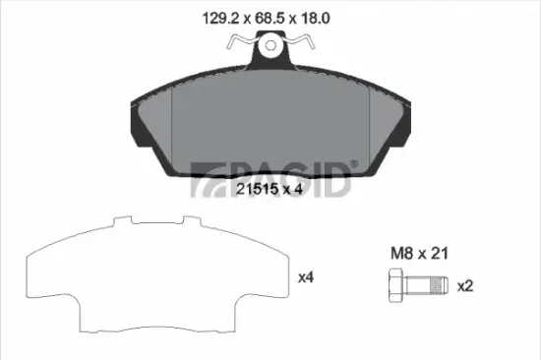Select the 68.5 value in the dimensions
coord(259,17)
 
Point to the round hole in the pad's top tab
coord(270,45)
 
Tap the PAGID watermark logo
coord(270,178)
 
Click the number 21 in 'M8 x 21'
coord(440,253)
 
